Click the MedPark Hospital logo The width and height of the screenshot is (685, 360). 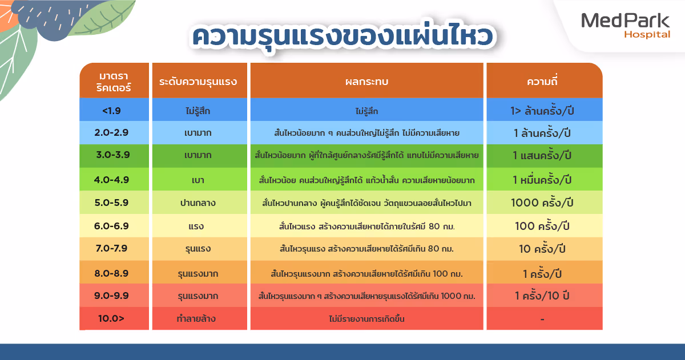point(625,25)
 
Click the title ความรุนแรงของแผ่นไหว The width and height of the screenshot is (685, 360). point(342,36)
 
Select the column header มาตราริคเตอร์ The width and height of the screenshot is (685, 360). point(114,82)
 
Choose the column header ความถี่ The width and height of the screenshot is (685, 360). point(542,82)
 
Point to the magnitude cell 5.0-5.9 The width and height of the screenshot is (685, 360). point(111,203)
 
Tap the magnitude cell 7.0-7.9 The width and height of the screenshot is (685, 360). point(111,249)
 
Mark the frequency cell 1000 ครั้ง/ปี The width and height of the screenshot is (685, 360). point(542,203)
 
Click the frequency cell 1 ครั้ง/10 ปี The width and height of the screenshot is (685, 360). point(542,296)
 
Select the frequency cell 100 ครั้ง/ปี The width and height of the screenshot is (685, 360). point(542,226)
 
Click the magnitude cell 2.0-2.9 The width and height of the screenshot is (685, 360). point(111,133)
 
